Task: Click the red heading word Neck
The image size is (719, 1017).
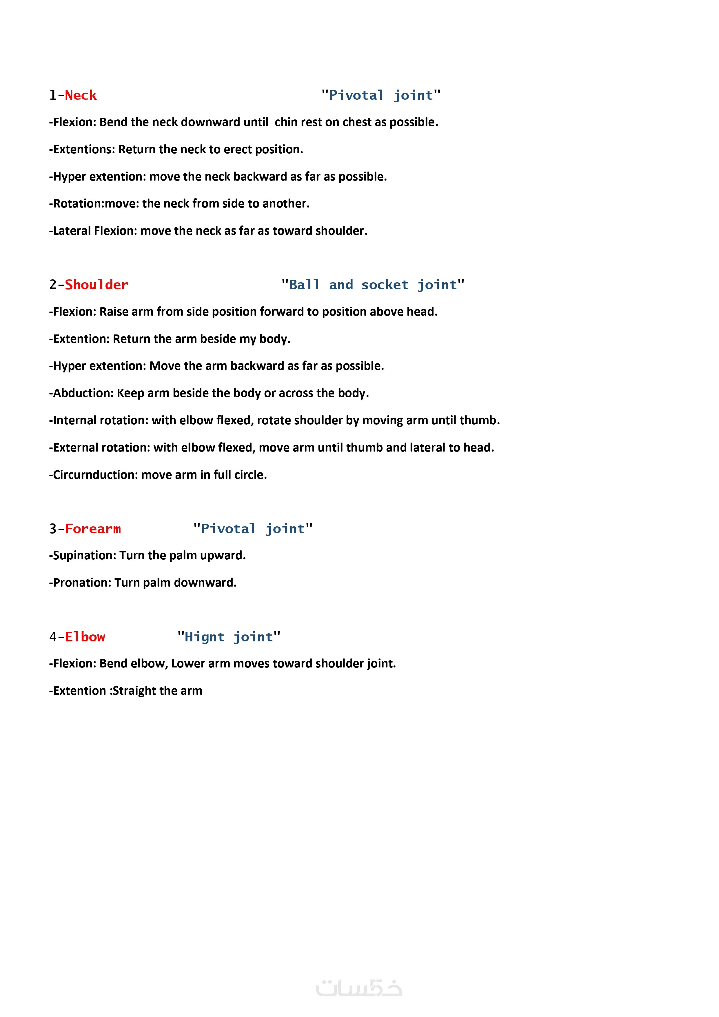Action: coord(81,95)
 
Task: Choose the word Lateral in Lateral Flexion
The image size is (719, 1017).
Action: coord(71,231)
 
